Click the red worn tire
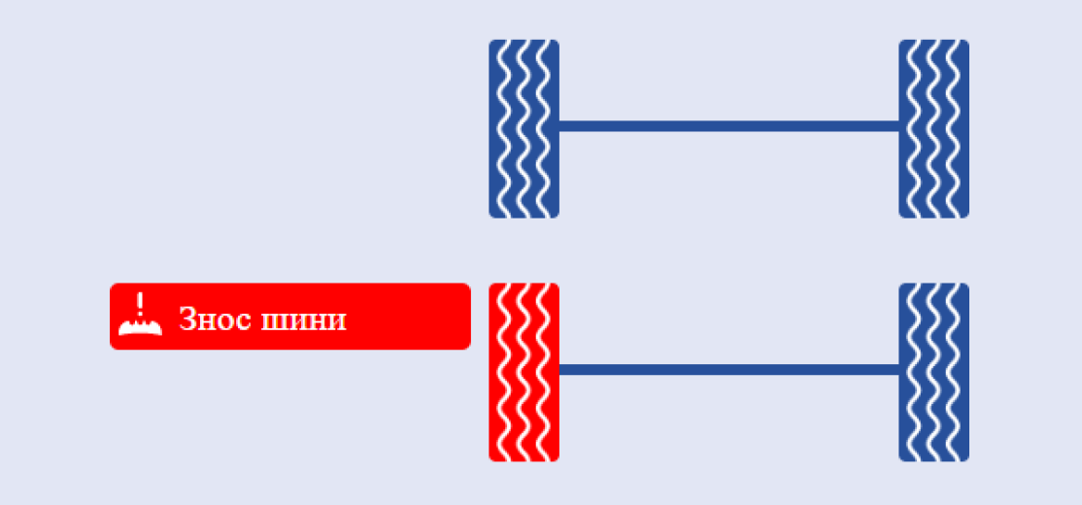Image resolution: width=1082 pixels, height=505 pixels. [524, 372]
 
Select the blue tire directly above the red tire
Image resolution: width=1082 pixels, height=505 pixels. [524, 129]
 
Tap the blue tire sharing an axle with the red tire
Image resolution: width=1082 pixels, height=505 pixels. [933, 372]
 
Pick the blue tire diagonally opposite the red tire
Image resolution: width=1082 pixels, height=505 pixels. [933, 129]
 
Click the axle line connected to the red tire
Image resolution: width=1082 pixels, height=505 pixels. [728, 369]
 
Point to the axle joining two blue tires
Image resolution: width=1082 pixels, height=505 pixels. [728, 126]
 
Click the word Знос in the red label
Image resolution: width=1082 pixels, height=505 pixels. [214, 320]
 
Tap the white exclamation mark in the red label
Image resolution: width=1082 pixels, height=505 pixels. [140, 304]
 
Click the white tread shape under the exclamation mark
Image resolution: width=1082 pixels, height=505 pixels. [140, 327]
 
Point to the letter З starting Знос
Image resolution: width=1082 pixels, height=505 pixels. [187, 320]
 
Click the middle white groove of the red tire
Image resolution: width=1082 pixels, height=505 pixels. [524, 372]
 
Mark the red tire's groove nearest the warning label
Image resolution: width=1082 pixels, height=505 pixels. [504, 372]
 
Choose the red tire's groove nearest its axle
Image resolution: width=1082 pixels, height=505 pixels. [544, 372]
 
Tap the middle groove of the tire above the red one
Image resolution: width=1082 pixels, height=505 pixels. [524, 129]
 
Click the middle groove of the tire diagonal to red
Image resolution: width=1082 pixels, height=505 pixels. [934, 129]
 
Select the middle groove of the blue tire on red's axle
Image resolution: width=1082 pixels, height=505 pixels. [934, 372]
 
